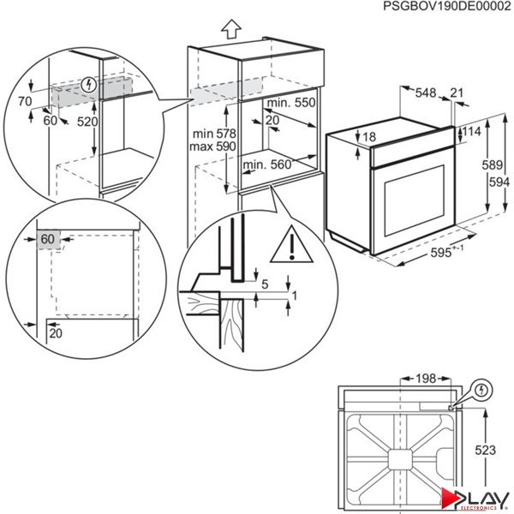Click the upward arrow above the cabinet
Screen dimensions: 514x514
click(230, 27)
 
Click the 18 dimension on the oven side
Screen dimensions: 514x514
click(369, 137)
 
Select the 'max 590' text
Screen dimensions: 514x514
click(213, 147)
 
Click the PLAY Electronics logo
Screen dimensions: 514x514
click(475, 498)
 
